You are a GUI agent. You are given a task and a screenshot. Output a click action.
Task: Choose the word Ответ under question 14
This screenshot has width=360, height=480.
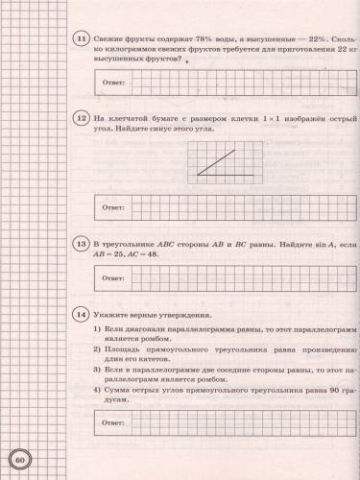tap(113, 421)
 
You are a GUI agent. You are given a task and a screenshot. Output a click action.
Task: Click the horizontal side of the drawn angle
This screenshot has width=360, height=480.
tap(226, 175)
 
